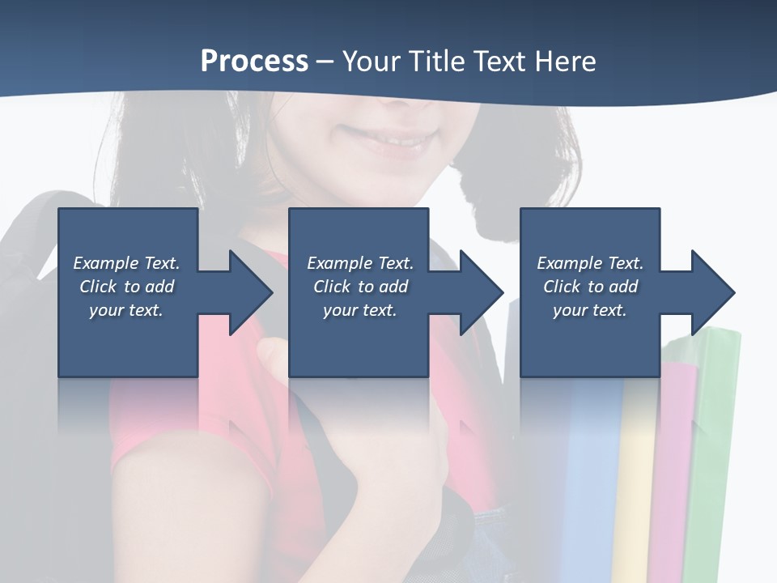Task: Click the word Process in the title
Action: click(254, 62)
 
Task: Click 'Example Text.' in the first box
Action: click(126, 263)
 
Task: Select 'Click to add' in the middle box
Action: click(360, 287)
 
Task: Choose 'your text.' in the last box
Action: click(590, 310)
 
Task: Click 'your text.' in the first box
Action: click(126, 310)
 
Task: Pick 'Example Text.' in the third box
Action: click(590, 263)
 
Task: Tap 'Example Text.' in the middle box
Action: click(360, 263)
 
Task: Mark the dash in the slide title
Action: click(325, 62)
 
